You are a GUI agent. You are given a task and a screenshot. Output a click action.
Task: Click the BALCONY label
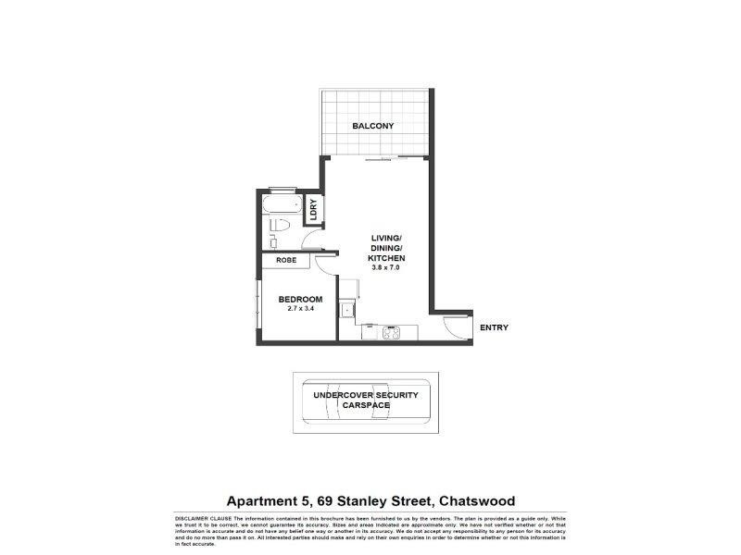[x=373, y=126]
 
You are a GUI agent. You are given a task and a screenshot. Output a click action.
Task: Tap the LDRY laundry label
[x=314, y=209]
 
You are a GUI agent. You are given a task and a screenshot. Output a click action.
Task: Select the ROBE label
[x=285, y=260]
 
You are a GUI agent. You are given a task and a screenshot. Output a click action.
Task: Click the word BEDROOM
[x=300, y=299]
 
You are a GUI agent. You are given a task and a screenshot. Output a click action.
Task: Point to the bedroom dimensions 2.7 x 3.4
[x=300, y=309]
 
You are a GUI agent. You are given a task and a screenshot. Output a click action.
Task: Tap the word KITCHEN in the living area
[x=387, y=258]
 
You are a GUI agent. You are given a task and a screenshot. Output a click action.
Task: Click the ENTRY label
[x=493, y=327]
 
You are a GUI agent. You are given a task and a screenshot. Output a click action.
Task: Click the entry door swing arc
[x=454, y=325]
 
